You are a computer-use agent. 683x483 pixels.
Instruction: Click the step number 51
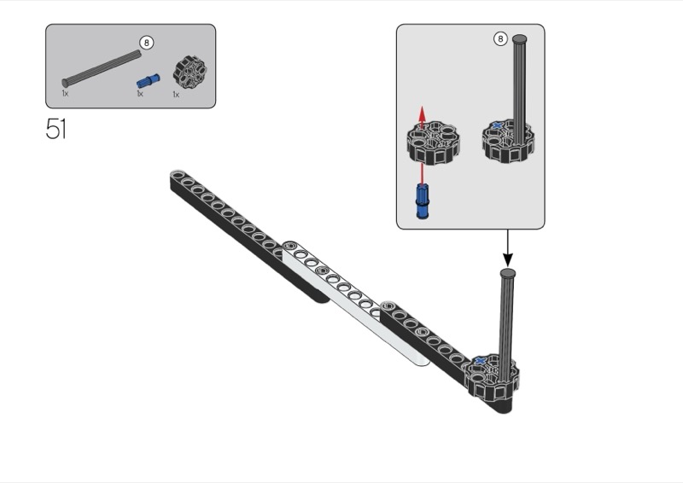click(x=56, y=129)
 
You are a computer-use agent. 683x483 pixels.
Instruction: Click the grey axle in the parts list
click(x=102, y=68)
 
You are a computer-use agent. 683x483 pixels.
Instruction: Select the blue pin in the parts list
click(x=149, y=80)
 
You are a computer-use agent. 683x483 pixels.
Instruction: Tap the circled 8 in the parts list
click(x=147, y=43)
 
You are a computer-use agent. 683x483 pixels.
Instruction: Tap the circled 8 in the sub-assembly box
click(x=500, y=38)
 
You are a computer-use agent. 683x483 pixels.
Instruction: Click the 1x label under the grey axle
click(x=66, y=93)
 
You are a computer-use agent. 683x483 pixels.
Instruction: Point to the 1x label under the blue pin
click(x=140, y=94)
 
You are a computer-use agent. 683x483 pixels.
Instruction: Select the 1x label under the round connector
click(x=176, y=94)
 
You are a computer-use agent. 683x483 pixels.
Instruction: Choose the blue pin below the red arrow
click(x=422, y=201)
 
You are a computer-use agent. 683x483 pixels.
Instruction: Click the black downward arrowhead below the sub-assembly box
click(x=507, y=259)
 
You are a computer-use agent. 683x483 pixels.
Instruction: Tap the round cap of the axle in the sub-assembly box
click(x=520, y=39)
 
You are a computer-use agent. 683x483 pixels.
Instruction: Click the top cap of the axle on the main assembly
click(x=507, y=274)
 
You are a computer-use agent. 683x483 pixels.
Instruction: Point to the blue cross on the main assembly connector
click(x=481, y=361)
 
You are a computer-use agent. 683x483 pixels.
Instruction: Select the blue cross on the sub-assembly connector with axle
click(x=497, y=125)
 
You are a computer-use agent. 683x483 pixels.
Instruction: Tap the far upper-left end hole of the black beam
click(x=177, y=175)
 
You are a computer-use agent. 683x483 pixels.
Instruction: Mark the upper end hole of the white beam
click(x=289, y=247)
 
